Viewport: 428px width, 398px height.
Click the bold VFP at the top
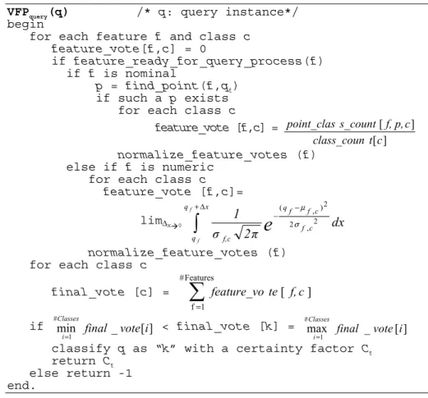pyautogui.click(x=18, y=12)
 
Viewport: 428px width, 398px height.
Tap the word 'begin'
pyautogui.click(x=25, y=25)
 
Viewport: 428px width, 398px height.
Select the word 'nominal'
pyautogui.click(x=150, y=73)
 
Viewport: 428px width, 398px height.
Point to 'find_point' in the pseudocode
pyautogui.click(x=162, y=86)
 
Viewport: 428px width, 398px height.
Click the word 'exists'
pyautogui.click(x=206, y=98)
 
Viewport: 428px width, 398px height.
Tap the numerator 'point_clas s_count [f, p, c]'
pyautogui.click(x=350, y=125)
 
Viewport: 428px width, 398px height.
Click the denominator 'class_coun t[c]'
pyautogui.click(x=350, y=140)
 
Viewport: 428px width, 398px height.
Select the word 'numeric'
pyautogui.click(x=188, y=167)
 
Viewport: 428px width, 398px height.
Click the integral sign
pyautogui.click(x=196, y=222)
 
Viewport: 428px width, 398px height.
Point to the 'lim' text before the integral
pyautogui.click(x=152, y=220)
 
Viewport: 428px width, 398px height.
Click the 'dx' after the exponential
pyautogui.click(x=338, y=222)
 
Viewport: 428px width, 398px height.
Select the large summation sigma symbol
pyautogui.click(x=197, y=292)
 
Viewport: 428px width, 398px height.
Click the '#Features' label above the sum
pyautogui.click(x=196, y=278)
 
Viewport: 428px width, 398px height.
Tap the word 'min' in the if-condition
pyautogui.click(x=66, y=328)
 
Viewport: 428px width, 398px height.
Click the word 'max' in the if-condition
pyautogui.click(x=317, y=329)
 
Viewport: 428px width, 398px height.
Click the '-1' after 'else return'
pyautogui.click(x=126, y=373)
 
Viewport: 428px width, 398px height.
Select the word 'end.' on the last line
pyautogui.click(x=21, y=386)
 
